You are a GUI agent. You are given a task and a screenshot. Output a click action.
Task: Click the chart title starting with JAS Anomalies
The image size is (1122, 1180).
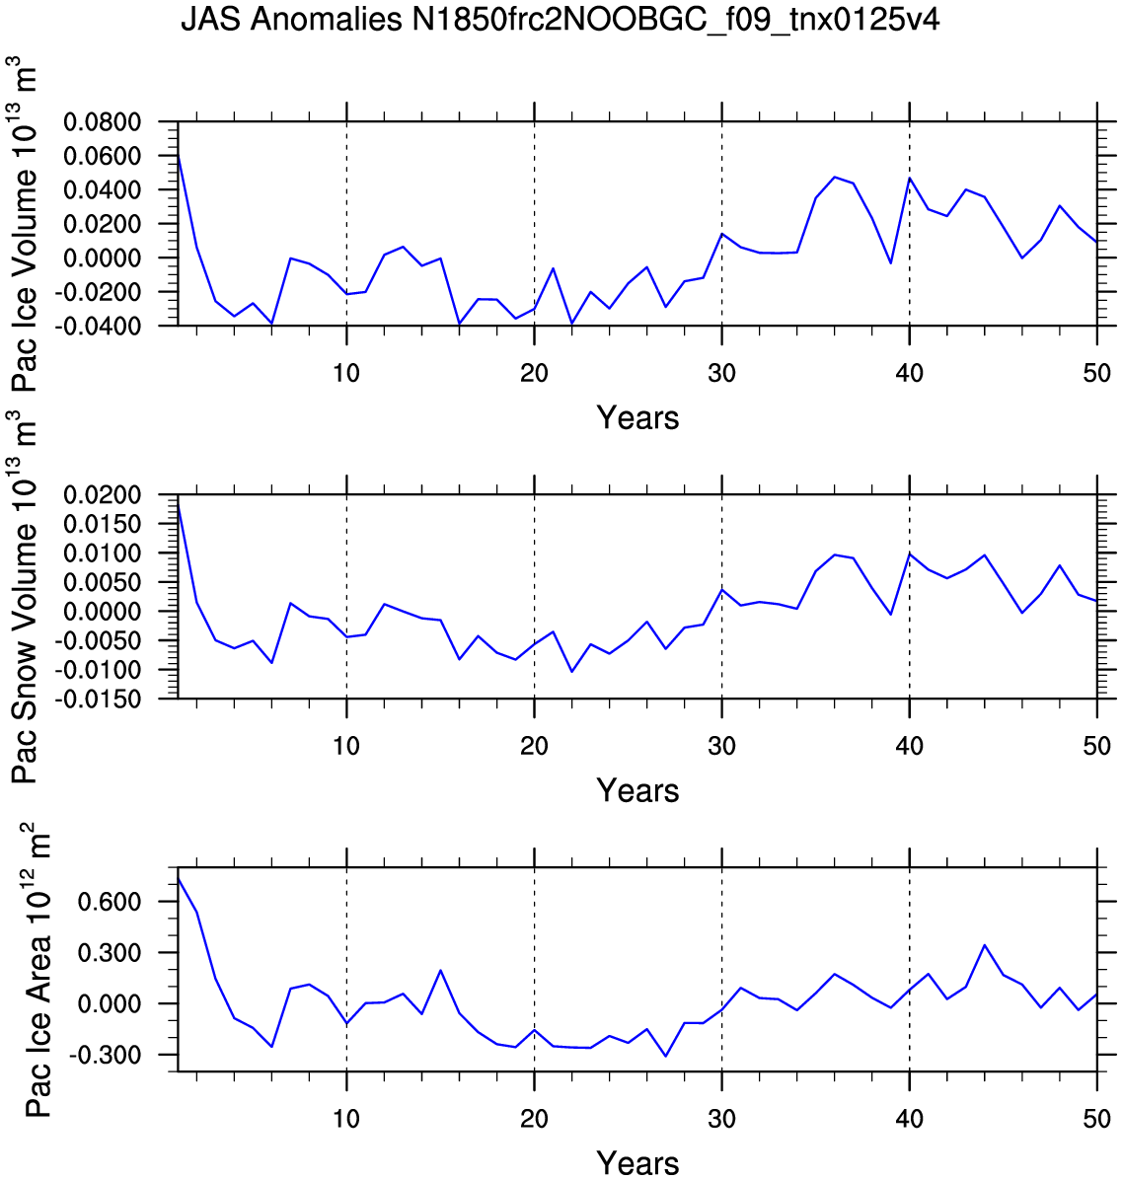pyautogui.click(x=560, y=20)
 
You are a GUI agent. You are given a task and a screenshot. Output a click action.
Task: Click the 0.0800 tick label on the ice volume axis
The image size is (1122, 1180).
pyautogui.click(x=103, y=121)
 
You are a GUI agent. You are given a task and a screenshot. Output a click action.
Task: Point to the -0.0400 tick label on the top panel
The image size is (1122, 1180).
pyautogui.click(x=97, y=326)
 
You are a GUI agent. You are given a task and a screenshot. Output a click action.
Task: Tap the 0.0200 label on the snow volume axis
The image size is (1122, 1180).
pyautogui.click(x=103, y=495)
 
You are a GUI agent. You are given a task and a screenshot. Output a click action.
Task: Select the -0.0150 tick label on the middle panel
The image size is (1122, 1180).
pyautogui.click(x=97, y=700)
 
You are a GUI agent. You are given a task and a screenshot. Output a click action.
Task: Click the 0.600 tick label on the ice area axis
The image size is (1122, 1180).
pyautogui.click(x=110, y=902)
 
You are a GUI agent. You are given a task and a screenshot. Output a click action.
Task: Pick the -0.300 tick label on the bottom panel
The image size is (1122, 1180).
pyautogui.click(x=105, y=1055)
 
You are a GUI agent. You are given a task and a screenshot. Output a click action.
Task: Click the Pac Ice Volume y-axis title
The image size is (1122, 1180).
pyautogui.click(x=24, y=224)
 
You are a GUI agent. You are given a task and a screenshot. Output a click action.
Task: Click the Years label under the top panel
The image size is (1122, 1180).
pyautogui.click(x=637, y=417)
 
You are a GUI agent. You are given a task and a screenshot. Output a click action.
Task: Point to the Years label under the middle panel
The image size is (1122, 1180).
pyautogui.click(x=637, y=791)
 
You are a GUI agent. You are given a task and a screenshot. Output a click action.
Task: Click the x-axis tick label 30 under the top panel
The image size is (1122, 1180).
pyautogui.click(x=721, y=373)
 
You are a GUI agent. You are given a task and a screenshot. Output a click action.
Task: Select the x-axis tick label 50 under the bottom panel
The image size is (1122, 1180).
pyautogui.click(x=1097, y=1119)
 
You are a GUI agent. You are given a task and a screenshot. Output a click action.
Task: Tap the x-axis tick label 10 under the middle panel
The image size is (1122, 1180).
pyautogui.click(x=346, y=746)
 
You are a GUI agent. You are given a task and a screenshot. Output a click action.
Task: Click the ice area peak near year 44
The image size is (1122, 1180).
pyautogui.click(x=984, y=945)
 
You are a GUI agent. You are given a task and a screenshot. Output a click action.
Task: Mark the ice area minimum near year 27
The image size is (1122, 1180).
pyautogui.click(x=665, y=1056)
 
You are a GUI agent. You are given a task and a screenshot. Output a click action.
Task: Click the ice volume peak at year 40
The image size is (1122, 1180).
pyautogui.click(x=910, y=179)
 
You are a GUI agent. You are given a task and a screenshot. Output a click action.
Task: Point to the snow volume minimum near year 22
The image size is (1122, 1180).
pyautogui.click(x=572, y=671)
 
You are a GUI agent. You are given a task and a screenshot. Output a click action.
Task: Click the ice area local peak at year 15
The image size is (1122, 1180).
pyautogui.click(x=440, y=970)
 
